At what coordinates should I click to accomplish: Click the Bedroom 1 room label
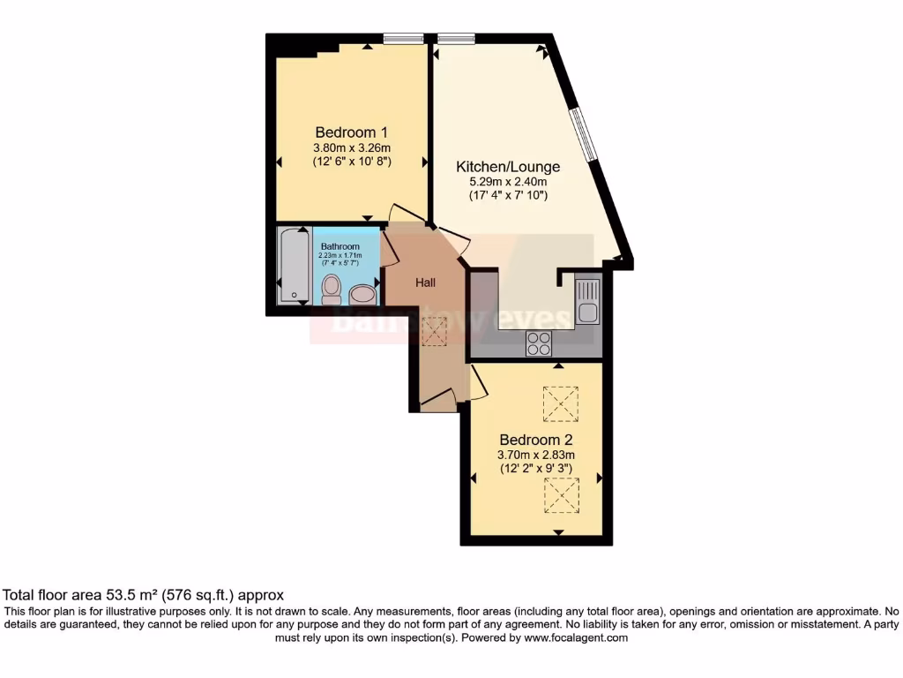point(351,132)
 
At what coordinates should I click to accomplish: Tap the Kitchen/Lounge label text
point(507,166)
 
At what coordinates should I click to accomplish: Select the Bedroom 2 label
point(536,440)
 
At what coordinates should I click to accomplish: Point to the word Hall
point(426,282)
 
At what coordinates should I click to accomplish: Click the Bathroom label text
point(340,246)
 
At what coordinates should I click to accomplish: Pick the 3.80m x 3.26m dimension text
point(351,147)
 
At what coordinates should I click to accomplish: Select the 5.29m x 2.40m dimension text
point(507,182)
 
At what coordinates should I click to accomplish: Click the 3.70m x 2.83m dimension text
point(536,456)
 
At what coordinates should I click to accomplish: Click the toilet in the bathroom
point(332,288)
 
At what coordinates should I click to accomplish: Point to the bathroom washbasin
point(362,294)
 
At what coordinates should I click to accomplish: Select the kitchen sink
point(586,299)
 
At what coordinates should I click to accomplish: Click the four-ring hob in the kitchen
point(538,343)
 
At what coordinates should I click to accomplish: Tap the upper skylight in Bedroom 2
point(560,404)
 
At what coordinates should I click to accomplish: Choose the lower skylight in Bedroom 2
point(560,494)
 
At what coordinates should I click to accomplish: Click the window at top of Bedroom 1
point(404,38)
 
